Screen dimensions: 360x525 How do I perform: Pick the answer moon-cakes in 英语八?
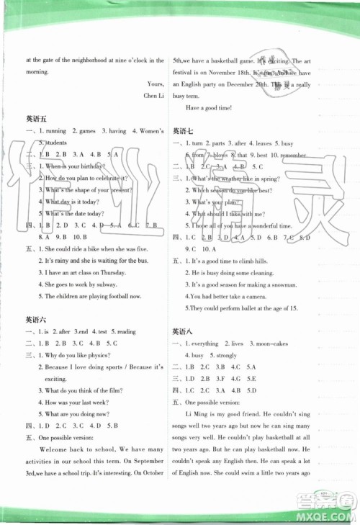click(276, 344)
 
